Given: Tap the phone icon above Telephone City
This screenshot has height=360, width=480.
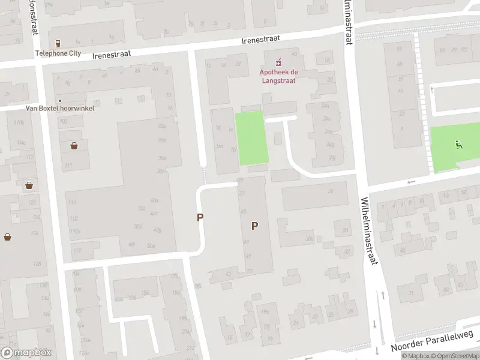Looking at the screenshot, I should (58, 44).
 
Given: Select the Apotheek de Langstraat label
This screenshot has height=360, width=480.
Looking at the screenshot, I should (278, 76).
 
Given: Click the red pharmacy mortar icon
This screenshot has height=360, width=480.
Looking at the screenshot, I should (278, 62).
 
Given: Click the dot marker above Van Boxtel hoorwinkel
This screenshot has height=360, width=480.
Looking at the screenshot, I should (59, 100).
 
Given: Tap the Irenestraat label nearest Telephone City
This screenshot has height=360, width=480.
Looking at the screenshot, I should (111, 55).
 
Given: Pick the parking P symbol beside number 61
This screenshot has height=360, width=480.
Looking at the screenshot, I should (255, 226).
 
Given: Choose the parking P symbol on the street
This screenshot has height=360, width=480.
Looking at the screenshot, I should (200, 218).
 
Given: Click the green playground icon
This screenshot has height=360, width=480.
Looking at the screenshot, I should (458, 143).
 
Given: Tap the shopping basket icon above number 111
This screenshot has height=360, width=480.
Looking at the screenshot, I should (74, 145).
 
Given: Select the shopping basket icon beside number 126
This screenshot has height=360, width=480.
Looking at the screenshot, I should (29, 185).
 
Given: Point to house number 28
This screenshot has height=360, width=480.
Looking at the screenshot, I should (330, 191).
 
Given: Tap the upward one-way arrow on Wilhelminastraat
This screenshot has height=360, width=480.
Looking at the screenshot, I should (382, 295).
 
